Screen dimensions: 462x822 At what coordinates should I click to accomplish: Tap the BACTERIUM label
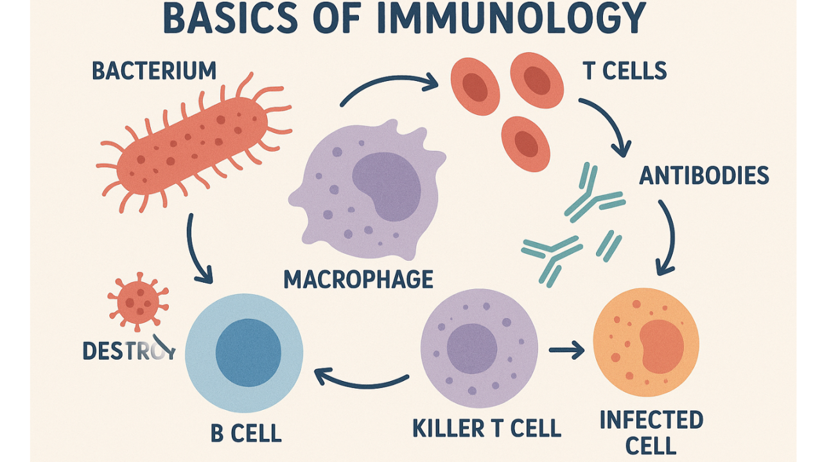pyautogui.click(x=154, y=71)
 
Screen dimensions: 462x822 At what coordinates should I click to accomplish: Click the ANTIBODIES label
pyautogui.click(x=704, y=175)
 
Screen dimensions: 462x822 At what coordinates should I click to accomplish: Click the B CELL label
pyautogui.click(x=246, y=432)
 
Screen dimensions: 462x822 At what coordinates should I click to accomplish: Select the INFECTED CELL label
pyautogui.click(x=651, y=432)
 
